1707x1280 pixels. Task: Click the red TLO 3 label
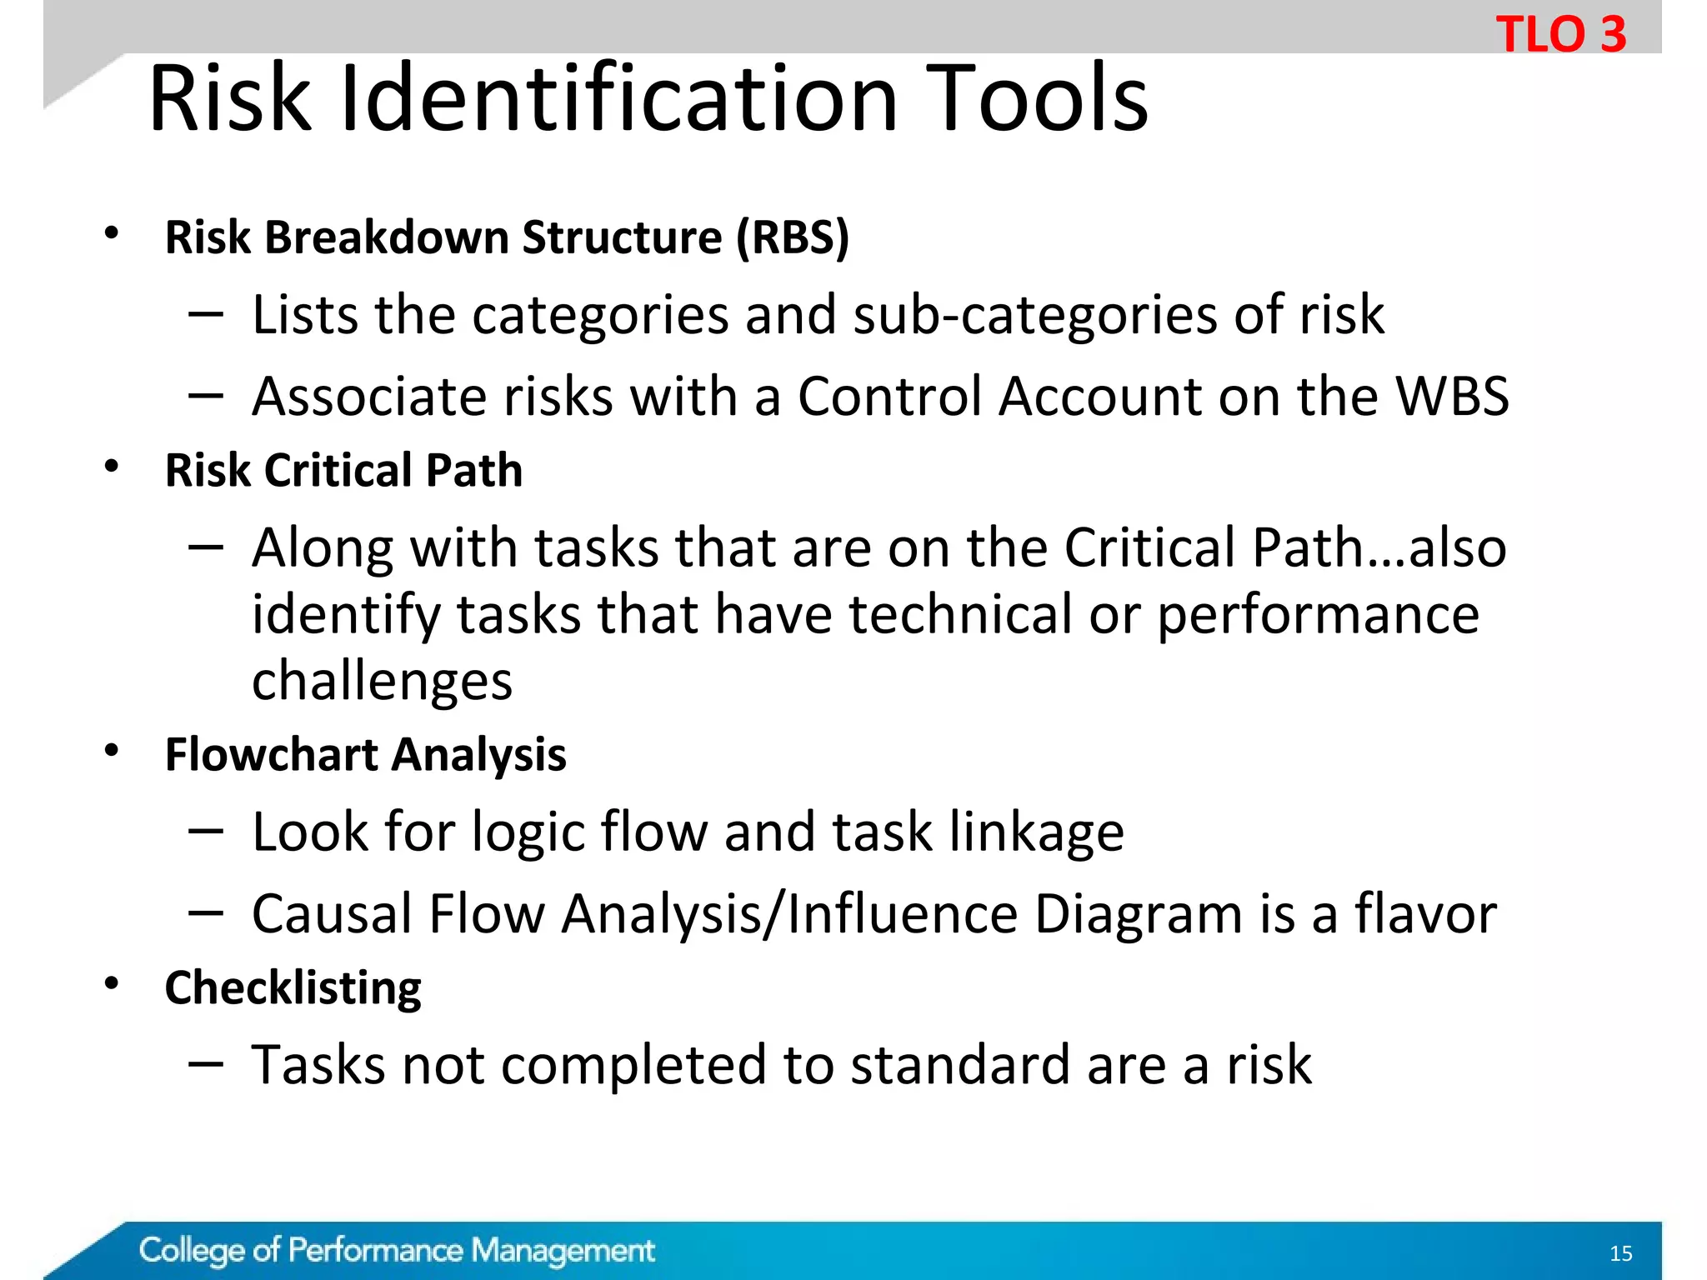(x=1560, y=35)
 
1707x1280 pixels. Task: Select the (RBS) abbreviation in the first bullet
(x=792, y=237)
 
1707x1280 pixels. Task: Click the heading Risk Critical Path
(x=343, y=471)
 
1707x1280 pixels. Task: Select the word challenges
(x=382, y=682)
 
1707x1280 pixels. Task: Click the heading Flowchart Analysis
(x=365, y=755)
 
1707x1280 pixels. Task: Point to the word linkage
(x=1037, y=832)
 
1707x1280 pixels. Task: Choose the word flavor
(x=1424, y=914)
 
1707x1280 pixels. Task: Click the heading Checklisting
(x=293, y=988)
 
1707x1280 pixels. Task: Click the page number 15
(x=1620, y=1253)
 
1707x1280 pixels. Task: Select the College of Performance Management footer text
(x=397, y=1251)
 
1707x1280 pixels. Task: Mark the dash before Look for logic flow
(x=206, y=831)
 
